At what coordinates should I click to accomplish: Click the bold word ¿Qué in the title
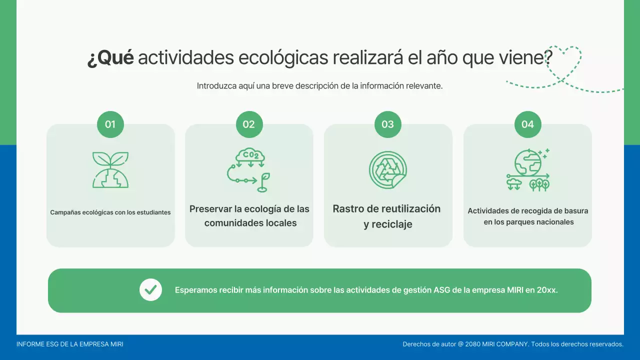[x=110, y=58]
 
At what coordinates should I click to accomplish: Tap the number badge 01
[x=110, y=124]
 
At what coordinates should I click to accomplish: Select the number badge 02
[x=249, y=124]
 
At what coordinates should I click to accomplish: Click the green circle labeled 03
[x=388, y=124]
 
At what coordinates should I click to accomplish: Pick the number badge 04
[x=527, y=124]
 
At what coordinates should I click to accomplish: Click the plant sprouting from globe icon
[x=110, y=170]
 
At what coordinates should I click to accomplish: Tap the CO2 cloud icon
[x=249, y=170]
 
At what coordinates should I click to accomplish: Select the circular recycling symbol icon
[x=388, y=170]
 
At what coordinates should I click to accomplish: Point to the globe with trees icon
[x=527, y=170]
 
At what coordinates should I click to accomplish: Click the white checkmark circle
[x=150, y=290]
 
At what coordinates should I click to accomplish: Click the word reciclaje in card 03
[x=388, y=224]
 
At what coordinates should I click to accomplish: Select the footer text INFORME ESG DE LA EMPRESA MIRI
[x=70, y=344]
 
